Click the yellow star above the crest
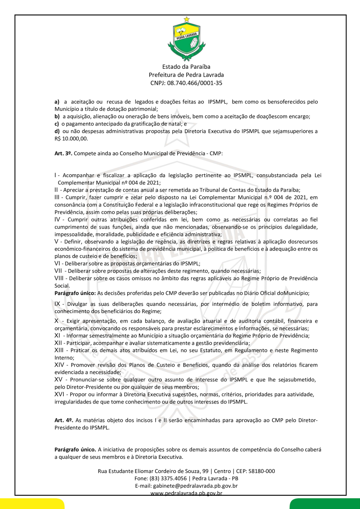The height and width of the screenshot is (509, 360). [x=186, y=19]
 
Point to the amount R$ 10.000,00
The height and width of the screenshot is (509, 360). [x=71, y=139]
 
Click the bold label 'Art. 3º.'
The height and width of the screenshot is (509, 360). [x=63, y=154]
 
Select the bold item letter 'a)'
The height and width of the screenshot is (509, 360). [x=57, y=102]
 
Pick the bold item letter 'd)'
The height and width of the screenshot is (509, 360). [x=57, y=132]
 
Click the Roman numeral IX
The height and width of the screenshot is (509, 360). [x=58, y=304]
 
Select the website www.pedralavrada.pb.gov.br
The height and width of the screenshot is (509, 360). [x=186, y=493]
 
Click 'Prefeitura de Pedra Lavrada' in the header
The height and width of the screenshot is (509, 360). [x=186, y=75]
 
